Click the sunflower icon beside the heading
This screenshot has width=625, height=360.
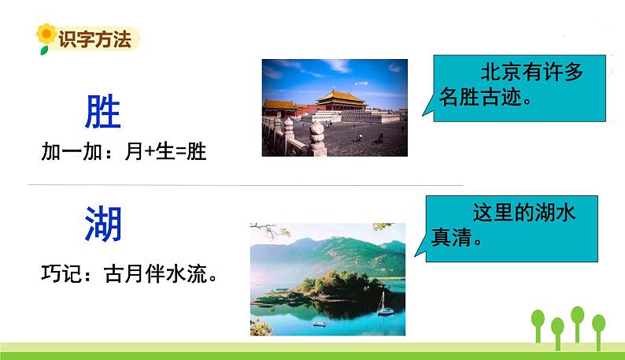[x=46, y=36]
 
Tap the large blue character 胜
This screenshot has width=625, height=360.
[x=102, y=113]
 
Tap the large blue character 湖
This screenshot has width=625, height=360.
[x=103, y=225]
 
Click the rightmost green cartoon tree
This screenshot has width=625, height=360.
[x=598, y=327]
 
